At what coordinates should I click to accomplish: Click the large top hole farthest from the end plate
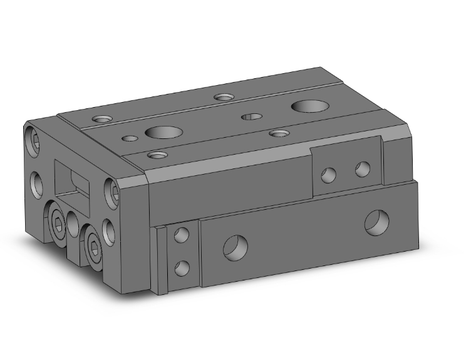click(308, 106)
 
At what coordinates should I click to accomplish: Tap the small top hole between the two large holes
click(252, 116)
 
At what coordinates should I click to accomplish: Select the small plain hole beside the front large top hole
click(130, 138)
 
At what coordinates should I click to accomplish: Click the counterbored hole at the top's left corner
click(100, 118)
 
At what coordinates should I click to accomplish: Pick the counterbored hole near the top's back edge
click(223, 97)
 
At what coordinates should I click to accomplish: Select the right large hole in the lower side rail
click(377, 222)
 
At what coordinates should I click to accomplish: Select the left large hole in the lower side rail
click(236, 247)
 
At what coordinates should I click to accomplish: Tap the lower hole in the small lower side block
click(182, 268)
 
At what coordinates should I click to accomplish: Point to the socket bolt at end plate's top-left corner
click(34, 140)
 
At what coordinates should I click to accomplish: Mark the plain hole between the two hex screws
click(75, 223)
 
